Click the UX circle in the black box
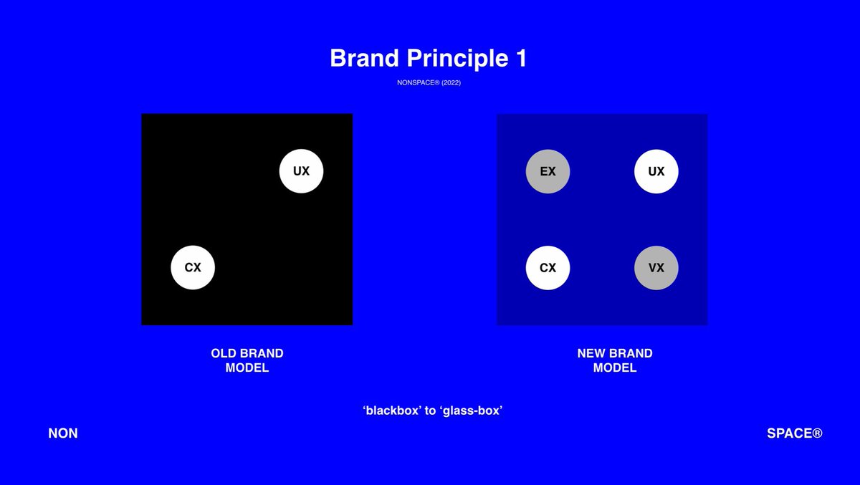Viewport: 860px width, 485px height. (301, 171)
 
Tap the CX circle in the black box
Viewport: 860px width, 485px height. (193, 268)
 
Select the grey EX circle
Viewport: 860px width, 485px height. (548, 171)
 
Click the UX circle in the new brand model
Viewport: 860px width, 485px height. (656, 171)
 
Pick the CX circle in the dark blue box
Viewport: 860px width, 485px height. (548, 268)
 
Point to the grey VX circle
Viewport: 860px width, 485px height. (656, 268)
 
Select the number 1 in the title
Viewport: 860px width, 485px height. (520, 59)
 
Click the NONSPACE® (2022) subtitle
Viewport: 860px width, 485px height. (429, 82)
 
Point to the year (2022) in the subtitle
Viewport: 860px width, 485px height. (451, 82)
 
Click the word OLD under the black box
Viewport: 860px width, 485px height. (224, 353)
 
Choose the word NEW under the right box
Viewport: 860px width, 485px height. (591, 353)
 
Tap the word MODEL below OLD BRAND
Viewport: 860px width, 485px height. (247, 368)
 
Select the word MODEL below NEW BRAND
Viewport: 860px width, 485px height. (615, 368)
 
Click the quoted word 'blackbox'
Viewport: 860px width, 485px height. (392, 411)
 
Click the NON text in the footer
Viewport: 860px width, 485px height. (63, 433)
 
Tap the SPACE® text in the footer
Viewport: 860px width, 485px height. (794, 433)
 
